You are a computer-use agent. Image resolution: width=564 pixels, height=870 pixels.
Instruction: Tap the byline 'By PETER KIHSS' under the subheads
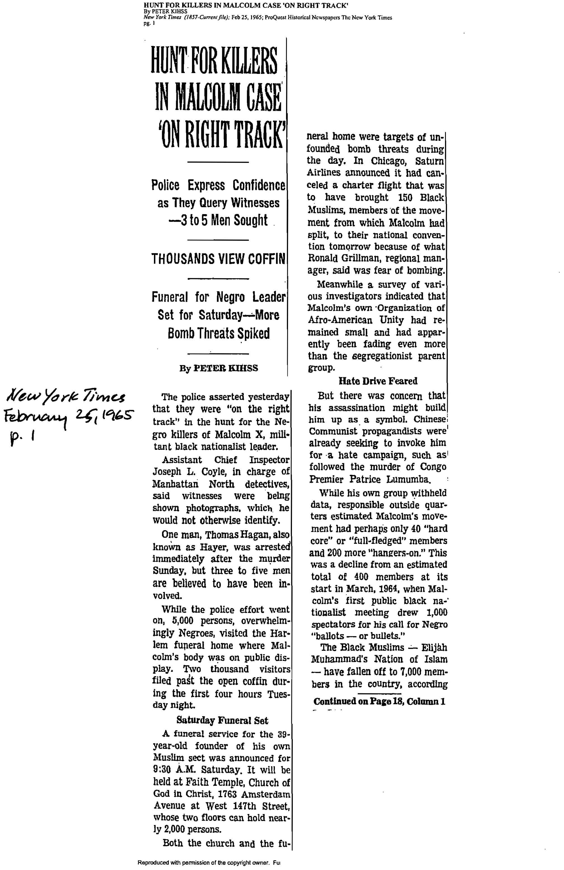(218, 368)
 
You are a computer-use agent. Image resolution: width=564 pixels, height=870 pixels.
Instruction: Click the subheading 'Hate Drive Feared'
(378, 381)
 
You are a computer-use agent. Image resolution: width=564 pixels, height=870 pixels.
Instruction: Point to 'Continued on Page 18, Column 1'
(379, 701)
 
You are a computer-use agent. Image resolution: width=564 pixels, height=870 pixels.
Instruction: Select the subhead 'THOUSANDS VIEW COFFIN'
(218, 259)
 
